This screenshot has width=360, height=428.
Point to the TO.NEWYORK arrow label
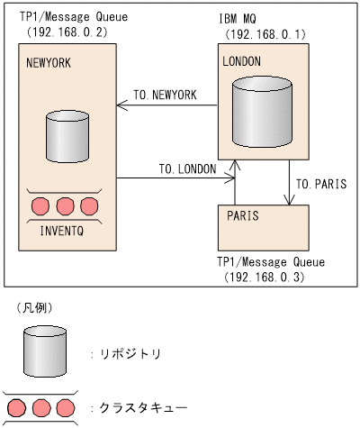tap(165, 94)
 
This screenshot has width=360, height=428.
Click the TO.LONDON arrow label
tap(186, 168)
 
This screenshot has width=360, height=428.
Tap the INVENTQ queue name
tap(63, 230)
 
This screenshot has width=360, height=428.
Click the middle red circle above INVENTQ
tap(63, 206)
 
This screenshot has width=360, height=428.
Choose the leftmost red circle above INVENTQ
tap(40, 206)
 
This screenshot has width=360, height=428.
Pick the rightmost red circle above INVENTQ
tap(87, 206)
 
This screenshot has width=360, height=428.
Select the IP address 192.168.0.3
tap(265, 278)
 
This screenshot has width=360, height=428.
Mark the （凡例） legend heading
tap(32, 307)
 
